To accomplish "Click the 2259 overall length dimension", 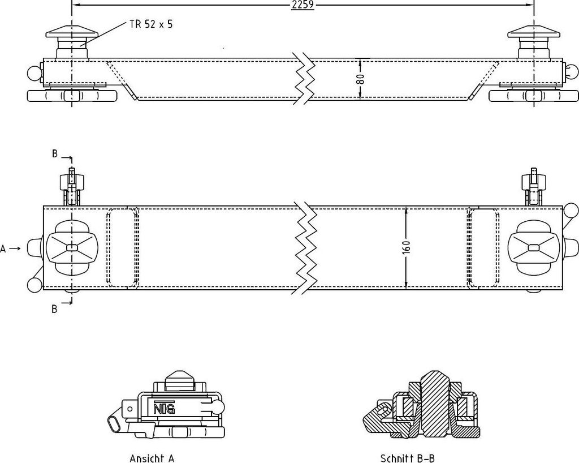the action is [303, 5].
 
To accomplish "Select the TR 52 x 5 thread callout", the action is [151, 24].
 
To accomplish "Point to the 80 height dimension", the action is [361, 79].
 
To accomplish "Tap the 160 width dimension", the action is [406, 247].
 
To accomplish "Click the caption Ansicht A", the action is [152, 458].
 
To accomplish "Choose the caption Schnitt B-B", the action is [407, 458].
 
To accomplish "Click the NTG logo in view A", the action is [164, 408].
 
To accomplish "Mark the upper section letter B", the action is [55, 154].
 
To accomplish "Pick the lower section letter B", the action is [55, 309].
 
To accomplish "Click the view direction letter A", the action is [3, 249].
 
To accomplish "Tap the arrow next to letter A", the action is [15, 248].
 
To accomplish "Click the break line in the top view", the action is [305, 248].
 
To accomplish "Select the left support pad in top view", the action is [72, 247].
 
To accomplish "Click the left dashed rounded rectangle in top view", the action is [123, 247].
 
